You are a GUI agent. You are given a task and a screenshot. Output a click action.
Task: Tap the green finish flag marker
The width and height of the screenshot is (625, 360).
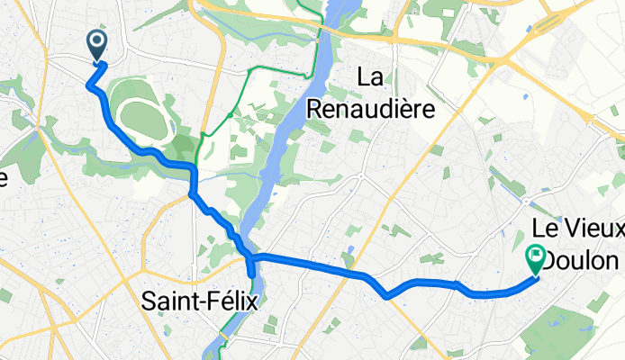[536, 259]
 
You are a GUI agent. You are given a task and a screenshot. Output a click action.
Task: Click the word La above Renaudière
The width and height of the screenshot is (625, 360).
[372, 78]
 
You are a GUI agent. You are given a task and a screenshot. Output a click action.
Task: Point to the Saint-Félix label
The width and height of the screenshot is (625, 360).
[199, 301]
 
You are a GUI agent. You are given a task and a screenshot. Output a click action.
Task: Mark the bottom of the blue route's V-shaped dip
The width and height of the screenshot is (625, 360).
[386, 294]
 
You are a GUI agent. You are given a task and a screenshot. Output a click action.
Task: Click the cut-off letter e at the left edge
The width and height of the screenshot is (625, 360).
[4, 178]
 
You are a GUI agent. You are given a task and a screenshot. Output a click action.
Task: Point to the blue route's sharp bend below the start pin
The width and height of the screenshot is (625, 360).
[89, 85]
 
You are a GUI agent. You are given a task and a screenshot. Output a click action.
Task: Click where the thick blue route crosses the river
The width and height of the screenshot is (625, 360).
[250, 260]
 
